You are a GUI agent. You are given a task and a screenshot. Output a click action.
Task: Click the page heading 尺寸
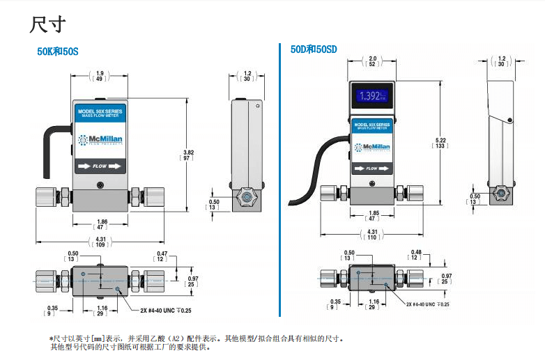[47, 25]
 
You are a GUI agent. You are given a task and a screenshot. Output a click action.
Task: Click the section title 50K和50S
[58, 52]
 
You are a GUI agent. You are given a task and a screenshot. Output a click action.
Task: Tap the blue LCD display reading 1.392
[372, 95]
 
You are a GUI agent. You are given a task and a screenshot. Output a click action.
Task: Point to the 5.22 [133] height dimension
[440, 143]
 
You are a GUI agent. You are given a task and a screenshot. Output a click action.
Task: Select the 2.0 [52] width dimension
[372, 61]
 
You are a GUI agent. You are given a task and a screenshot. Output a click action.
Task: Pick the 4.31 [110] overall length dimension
[372, 235]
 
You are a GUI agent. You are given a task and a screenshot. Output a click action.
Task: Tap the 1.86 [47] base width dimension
[100, 224]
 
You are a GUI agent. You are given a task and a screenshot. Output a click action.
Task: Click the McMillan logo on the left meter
[100, 143]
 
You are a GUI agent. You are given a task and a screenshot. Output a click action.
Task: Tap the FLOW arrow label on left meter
[100, 166]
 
